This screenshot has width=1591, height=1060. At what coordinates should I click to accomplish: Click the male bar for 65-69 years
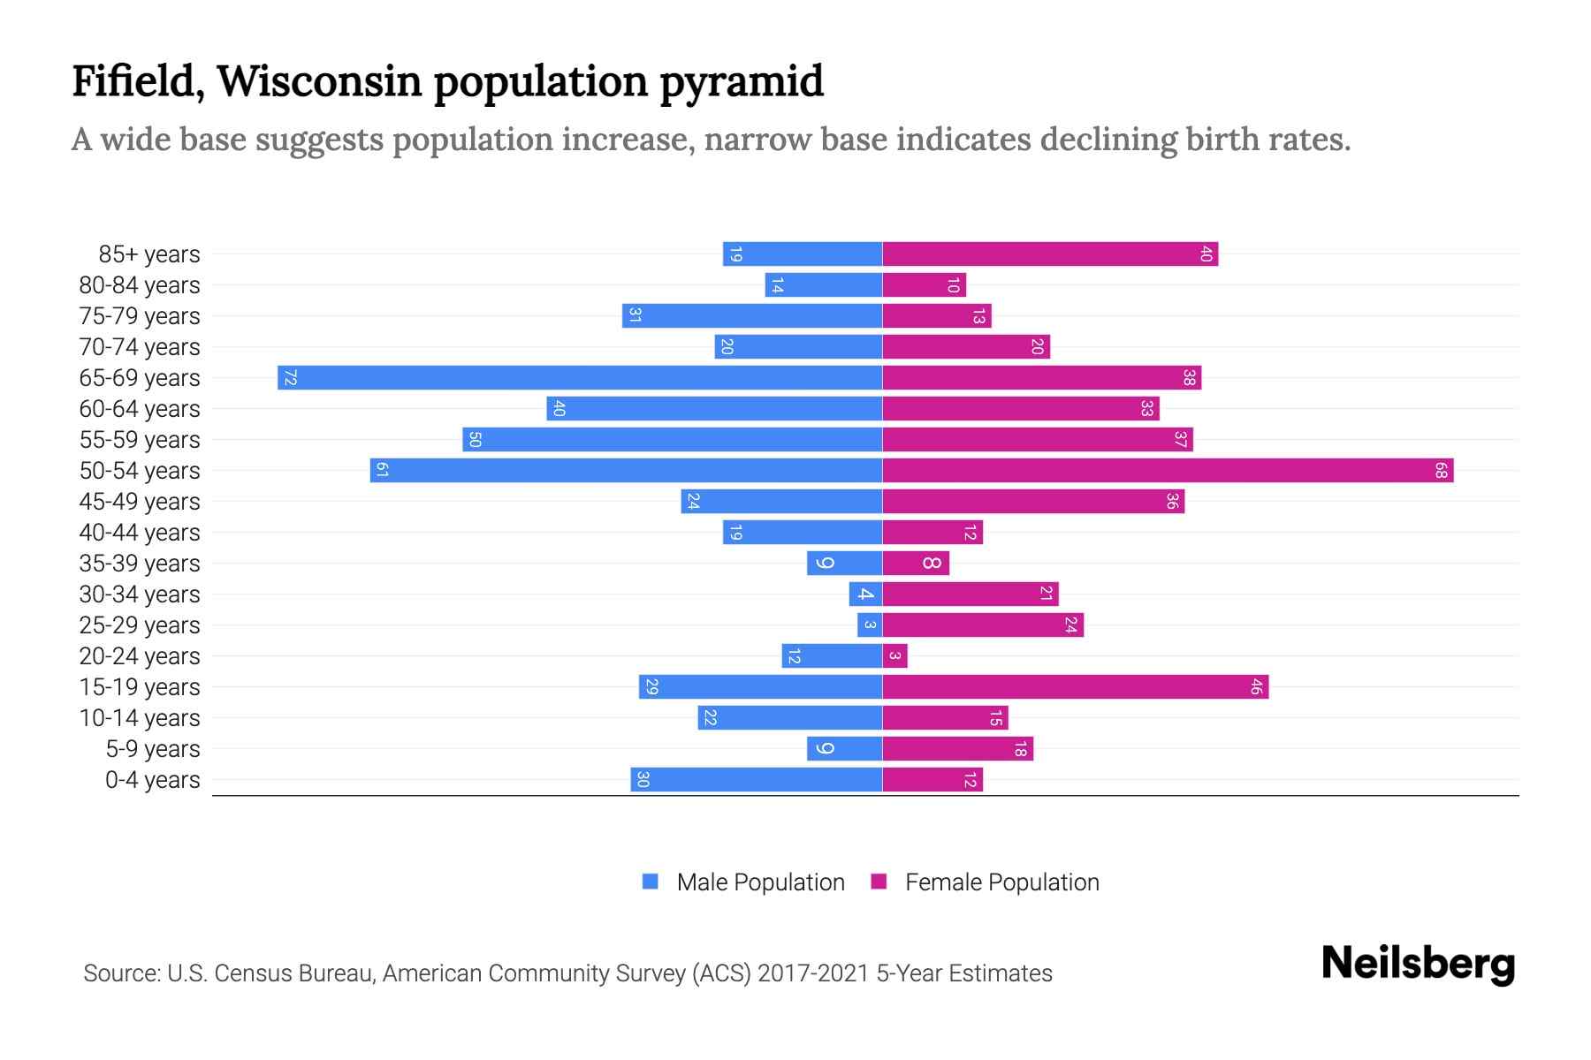pos(580,378)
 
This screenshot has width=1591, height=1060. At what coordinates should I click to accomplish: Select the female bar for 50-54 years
pos(1167,471)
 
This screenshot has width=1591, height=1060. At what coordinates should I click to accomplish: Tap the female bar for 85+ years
pos(1050,254)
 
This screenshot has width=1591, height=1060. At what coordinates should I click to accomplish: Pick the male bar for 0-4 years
pos(757,780)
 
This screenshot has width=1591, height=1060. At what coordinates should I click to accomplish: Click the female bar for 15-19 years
pos(1075,687)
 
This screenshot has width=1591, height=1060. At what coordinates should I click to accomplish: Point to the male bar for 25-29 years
pos(870,625)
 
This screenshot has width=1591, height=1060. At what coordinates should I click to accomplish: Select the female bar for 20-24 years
pos(894,656)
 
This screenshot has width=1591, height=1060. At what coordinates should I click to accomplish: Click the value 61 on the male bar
pos(382,471)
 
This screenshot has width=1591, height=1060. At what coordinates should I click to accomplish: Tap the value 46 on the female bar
pos(1255,687)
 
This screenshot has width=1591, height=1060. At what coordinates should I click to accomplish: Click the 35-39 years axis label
pos(140,564)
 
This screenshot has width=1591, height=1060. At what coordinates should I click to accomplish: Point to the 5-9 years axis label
pos(153,749)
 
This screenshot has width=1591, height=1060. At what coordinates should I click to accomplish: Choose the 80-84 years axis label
pos(140,285)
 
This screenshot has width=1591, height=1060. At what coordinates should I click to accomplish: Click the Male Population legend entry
pos(760,882)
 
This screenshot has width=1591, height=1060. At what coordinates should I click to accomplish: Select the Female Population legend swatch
pos(879,882)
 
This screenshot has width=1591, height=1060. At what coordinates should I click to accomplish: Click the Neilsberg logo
pos(1418,964)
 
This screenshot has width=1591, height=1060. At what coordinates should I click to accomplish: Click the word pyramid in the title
pos(741,82)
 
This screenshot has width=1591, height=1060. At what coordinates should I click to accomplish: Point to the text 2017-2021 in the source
pos(812,973)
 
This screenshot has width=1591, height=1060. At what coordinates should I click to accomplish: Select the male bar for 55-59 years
pos(672,440)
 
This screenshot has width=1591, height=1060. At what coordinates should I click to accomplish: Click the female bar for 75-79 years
pos(937,316)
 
